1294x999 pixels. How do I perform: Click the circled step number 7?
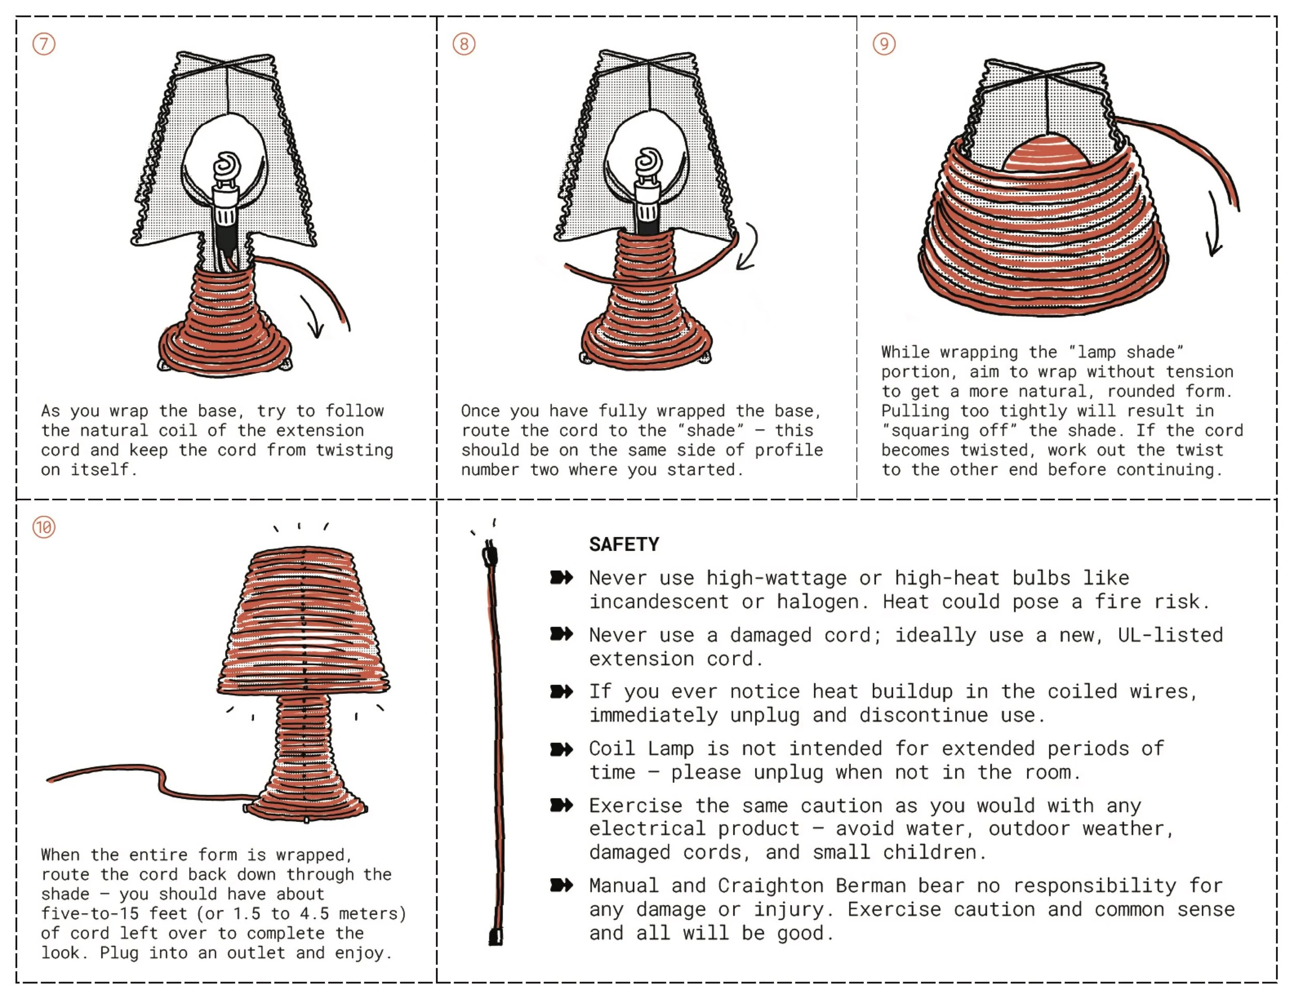tap(44, 44)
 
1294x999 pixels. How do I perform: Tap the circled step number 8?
tap(464, 44)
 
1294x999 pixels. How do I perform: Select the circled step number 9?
tap(884, 44)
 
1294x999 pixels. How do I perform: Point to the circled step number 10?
tap(44, 527)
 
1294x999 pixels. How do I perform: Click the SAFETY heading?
tap(624, 544)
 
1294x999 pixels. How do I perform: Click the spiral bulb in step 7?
tap(227, 166)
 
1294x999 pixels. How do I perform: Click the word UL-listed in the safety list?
tap(1170, 635)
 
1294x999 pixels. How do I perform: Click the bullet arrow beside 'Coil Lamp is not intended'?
tap(561, 749)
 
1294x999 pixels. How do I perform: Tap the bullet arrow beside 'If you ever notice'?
tap(561, 692)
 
